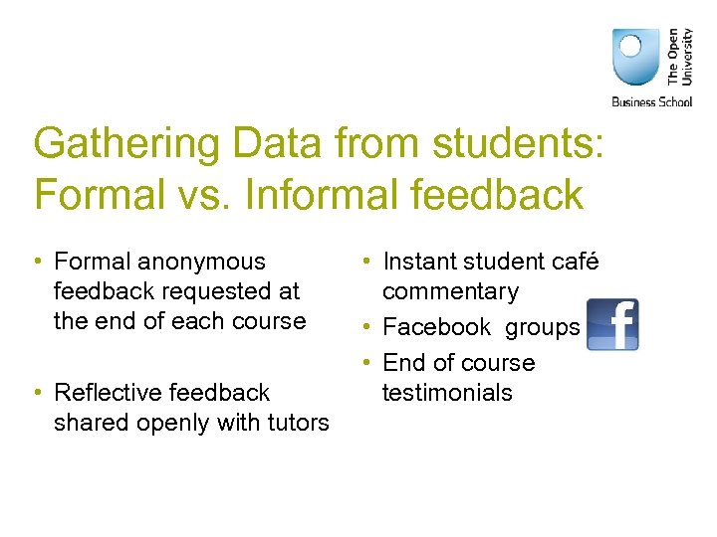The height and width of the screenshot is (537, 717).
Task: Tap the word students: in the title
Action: point(518,144)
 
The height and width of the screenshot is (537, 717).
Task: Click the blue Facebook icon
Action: point(612,325)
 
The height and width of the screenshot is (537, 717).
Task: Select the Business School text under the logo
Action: point(651,100)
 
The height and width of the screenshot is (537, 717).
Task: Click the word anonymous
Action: point(202,263)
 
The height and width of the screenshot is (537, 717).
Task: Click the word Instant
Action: point(422,263)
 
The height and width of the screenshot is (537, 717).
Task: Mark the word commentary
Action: point(450,292)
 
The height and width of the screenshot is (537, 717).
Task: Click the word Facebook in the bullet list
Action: point(437,327)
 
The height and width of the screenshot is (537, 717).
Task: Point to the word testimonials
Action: point(447,393)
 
